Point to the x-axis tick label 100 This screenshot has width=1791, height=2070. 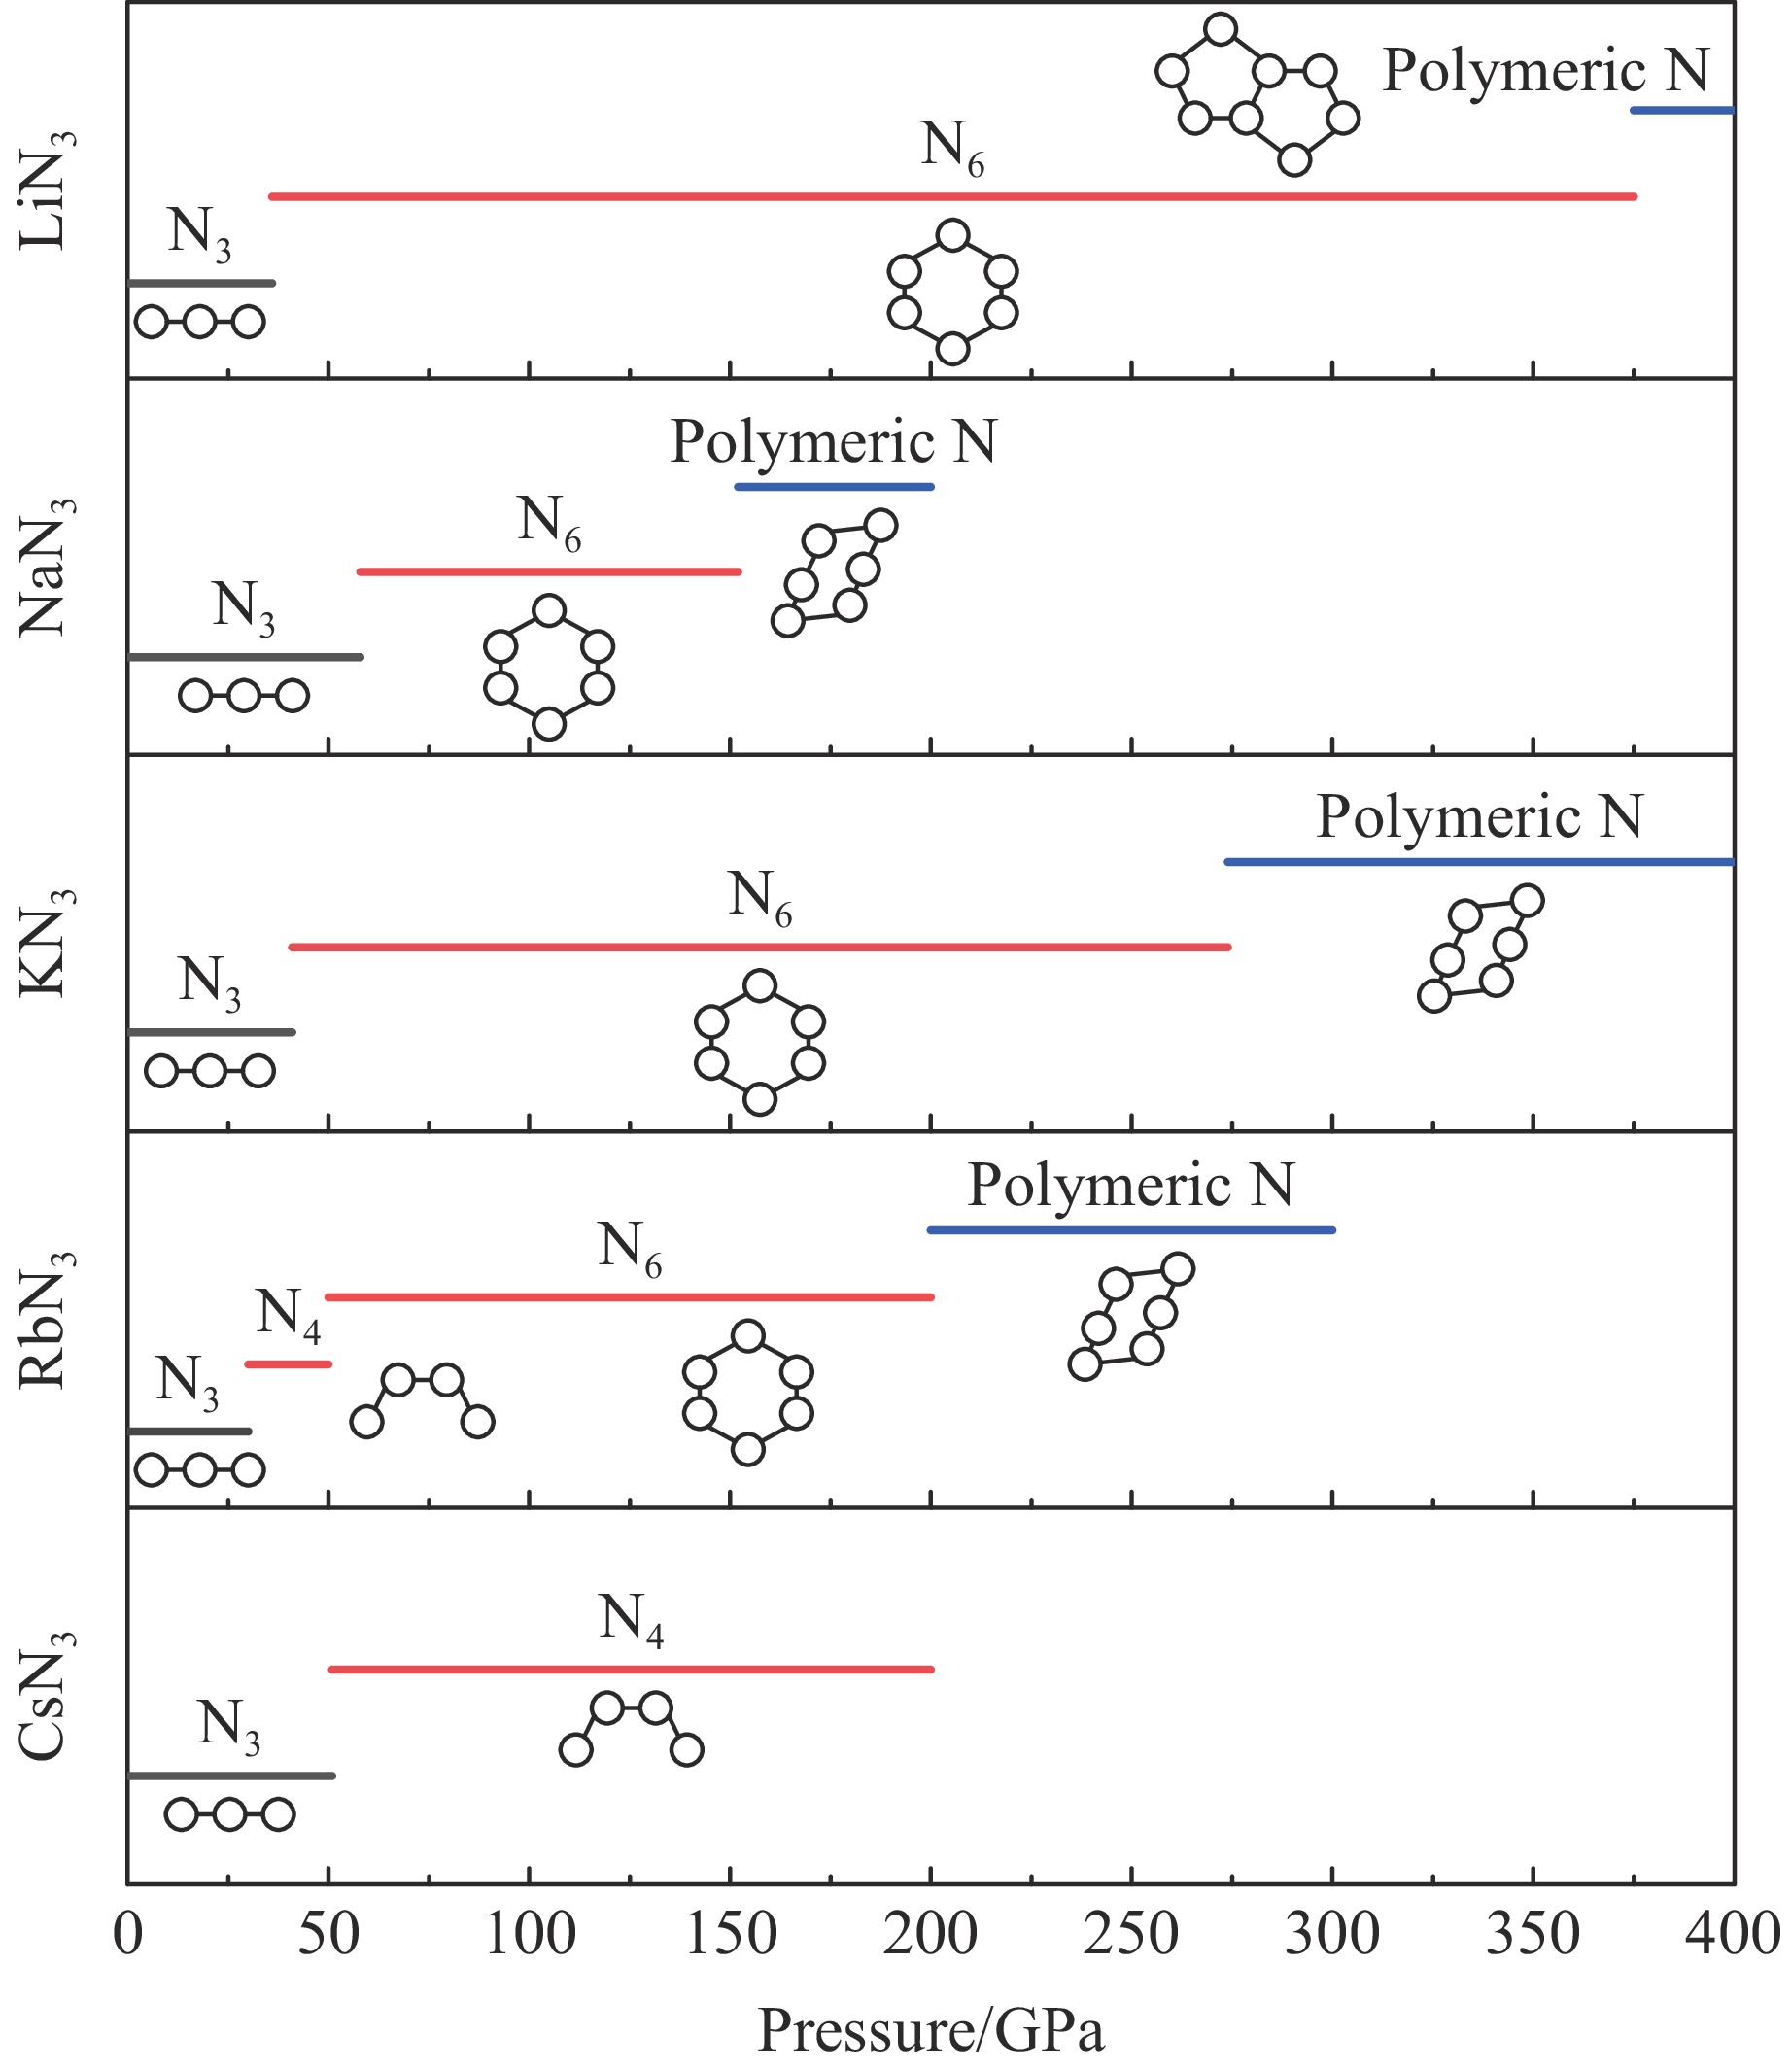point(529,1934)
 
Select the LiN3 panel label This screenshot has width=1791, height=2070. point(45,190)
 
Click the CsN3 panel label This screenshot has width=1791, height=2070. point(45,1694)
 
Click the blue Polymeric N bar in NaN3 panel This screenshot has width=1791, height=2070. point(834,487)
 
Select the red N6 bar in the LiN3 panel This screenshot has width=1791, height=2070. point(952,197)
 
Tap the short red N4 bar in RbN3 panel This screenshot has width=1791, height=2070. point(288,1364)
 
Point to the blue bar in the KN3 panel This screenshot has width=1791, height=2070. point(1479,862)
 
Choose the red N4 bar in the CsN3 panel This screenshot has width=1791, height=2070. point(631,1670)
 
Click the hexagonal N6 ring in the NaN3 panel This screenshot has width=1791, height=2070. point(549,667)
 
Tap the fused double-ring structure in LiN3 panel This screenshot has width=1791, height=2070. point(1257,96)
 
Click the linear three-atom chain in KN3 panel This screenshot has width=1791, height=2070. point(209,1072)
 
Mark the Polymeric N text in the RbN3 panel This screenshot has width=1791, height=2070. point(1130,1187)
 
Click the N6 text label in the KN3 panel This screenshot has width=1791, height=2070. point(760,898)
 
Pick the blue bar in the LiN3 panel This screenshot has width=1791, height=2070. point(1682,110)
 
